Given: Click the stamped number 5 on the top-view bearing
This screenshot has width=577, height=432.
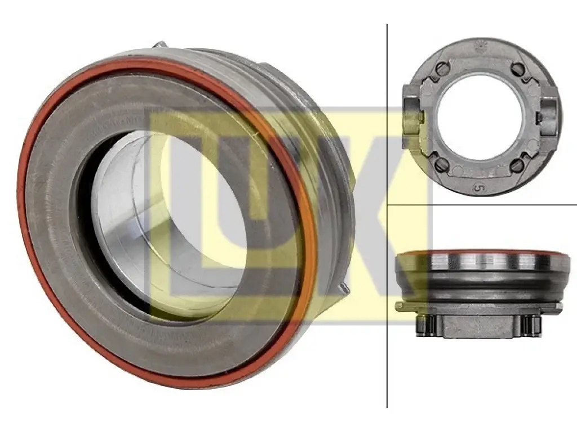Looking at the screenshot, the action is click(x=478, y=188).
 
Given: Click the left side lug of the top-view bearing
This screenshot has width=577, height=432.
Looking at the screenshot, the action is click(x=412, y=110).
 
